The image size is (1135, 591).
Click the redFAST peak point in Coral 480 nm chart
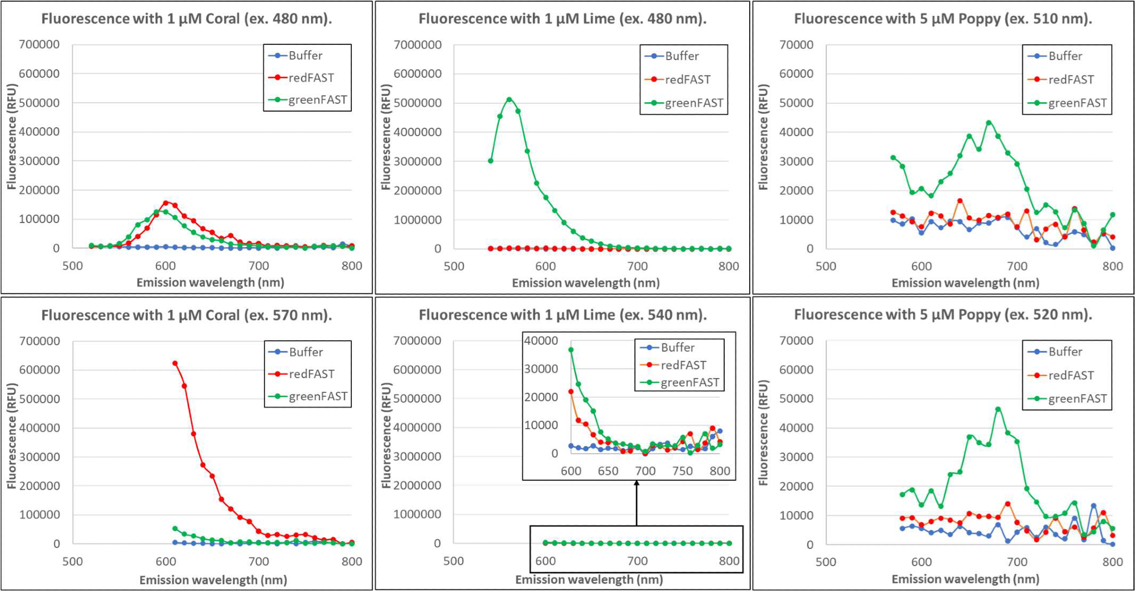pyautogui.click(x=166, y=203)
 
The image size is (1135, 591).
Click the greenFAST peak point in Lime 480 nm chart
pyautogui.click(x=509, y=99)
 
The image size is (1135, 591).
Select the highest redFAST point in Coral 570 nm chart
pyautogui.click(x=175, y=363)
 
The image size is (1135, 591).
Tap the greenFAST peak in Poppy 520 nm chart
pyautogui.click(x=998, y=409)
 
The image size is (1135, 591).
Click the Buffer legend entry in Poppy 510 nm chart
pyautogui.click(x=1065, y=56)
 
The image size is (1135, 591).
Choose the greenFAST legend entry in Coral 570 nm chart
pyautogui.click(x=317, y=396)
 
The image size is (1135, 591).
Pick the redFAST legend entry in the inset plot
pyautogui.click(x=683, y=365)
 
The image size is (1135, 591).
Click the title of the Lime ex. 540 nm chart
pyautogui.click(x=562, y=315)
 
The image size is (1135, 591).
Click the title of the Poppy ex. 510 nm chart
pyautogui.click(x=943, y=19)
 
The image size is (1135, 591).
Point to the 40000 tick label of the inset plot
pyautogui.click(x=541, y=341)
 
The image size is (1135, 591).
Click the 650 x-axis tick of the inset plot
pyautogui.click(x=608, y=471)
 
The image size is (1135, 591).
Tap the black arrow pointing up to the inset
pyautogui.click(x=637, y=502)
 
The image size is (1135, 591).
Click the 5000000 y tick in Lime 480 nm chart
pyautogui.click(x=418, y=103)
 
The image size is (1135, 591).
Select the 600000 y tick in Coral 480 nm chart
pyautogui.click(x=39, y=73)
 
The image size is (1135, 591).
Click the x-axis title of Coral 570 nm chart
pyautogui.click(x=213, y=580)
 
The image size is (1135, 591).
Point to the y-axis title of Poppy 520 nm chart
pyautogui.click(x=763, y=433)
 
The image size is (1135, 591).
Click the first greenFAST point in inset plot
pyautogui.click(x=571, y=350)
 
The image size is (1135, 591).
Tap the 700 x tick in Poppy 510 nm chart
pyautogui.click(x=1017, y=266)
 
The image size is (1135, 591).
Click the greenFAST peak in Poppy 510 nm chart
pyautogui.click(x=989, y=123)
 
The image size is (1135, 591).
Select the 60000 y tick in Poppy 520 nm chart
pyautogui.click(x=796, y=370)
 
